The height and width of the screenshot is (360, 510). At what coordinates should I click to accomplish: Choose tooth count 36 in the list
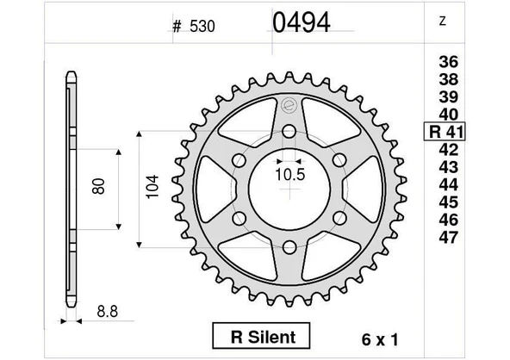coord(449,62)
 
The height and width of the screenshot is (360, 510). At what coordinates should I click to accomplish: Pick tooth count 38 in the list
coord(449,82)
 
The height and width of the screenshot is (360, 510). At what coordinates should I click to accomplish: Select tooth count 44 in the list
coord(449,185)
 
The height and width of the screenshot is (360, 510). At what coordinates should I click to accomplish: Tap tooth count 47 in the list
coord(449,238)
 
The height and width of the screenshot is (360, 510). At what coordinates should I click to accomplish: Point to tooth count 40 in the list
coord(449,115)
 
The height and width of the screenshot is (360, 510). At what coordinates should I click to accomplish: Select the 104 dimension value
coord(152,188)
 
